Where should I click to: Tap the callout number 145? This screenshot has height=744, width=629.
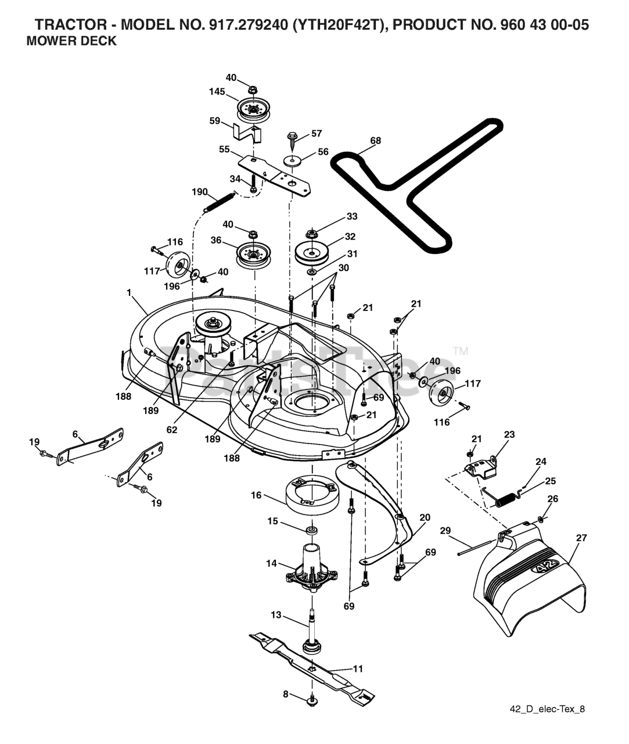(x=217, y=91)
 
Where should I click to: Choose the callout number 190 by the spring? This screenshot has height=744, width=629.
(x=200, y=192)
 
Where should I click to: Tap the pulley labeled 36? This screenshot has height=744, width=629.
(x=254, y=253)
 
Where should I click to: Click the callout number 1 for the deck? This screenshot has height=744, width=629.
(x=130, y=293)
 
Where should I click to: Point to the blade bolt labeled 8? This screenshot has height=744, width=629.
(x=312, y=700)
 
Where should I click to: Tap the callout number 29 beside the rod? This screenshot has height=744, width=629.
(x=445, y=531)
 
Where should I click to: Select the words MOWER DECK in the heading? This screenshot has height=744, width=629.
(x=72, y=41)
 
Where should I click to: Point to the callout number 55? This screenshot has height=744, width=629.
(x=224, y=149)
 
